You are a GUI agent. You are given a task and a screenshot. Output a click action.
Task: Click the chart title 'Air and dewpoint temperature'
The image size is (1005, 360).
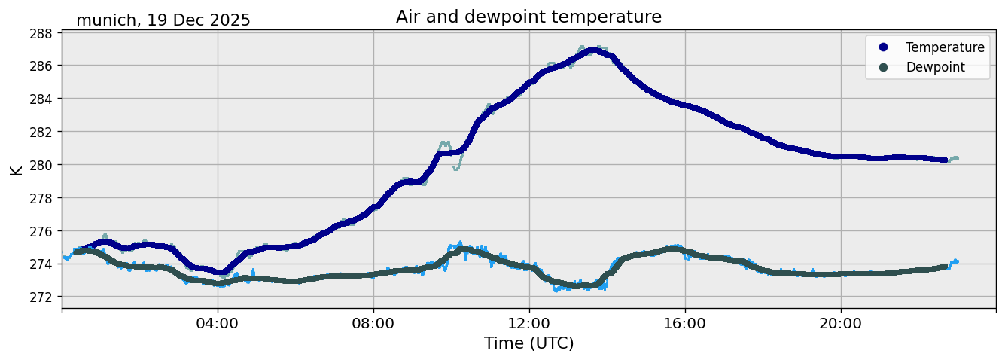[528, 17]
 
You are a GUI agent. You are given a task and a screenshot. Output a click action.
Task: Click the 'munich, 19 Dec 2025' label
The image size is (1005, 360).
[163, 20]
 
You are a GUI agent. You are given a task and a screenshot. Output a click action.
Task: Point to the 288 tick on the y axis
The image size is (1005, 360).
[41, 33]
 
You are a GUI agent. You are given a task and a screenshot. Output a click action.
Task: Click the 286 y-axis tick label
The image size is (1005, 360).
[41, 66]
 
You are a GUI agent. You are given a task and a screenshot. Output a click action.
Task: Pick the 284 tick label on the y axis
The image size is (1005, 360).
[41, 99]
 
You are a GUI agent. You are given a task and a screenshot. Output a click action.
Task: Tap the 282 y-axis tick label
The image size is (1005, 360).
[41, 132]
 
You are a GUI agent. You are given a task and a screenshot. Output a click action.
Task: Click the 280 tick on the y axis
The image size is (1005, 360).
[41, 165]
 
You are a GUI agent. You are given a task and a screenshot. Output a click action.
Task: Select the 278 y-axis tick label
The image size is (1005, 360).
[41, 198]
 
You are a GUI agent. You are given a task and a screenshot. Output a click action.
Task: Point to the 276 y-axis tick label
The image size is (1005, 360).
[41, 231]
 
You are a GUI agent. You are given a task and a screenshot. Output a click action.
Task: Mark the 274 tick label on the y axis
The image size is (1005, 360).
[41, 264]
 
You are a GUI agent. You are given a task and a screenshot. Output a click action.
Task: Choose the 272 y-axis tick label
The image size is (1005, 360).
[41, 297]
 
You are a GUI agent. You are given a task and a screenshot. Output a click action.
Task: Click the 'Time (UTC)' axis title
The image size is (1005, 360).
[528, 343]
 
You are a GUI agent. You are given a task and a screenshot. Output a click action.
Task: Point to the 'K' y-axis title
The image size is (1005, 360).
[16, 169]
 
